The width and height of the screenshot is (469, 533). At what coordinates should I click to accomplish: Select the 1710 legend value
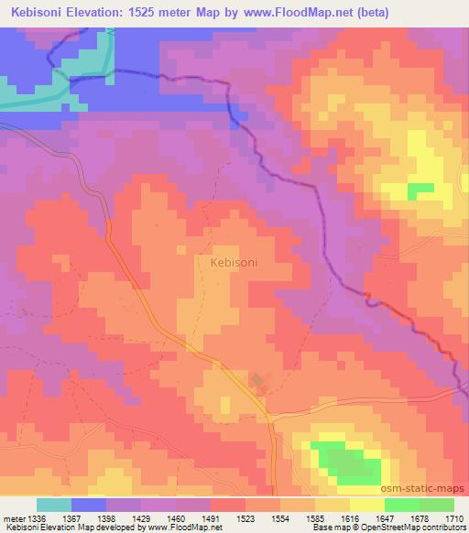coord(455,517)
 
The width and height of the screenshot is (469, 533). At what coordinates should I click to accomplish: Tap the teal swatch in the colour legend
coord(54,505)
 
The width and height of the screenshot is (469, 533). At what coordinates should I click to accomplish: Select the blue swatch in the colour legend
coord(89,505)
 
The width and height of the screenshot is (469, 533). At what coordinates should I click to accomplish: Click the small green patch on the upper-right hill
coord(420,189)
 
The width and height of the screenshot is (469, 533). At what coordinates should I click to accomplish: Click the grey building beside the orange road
coord(257,380)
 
